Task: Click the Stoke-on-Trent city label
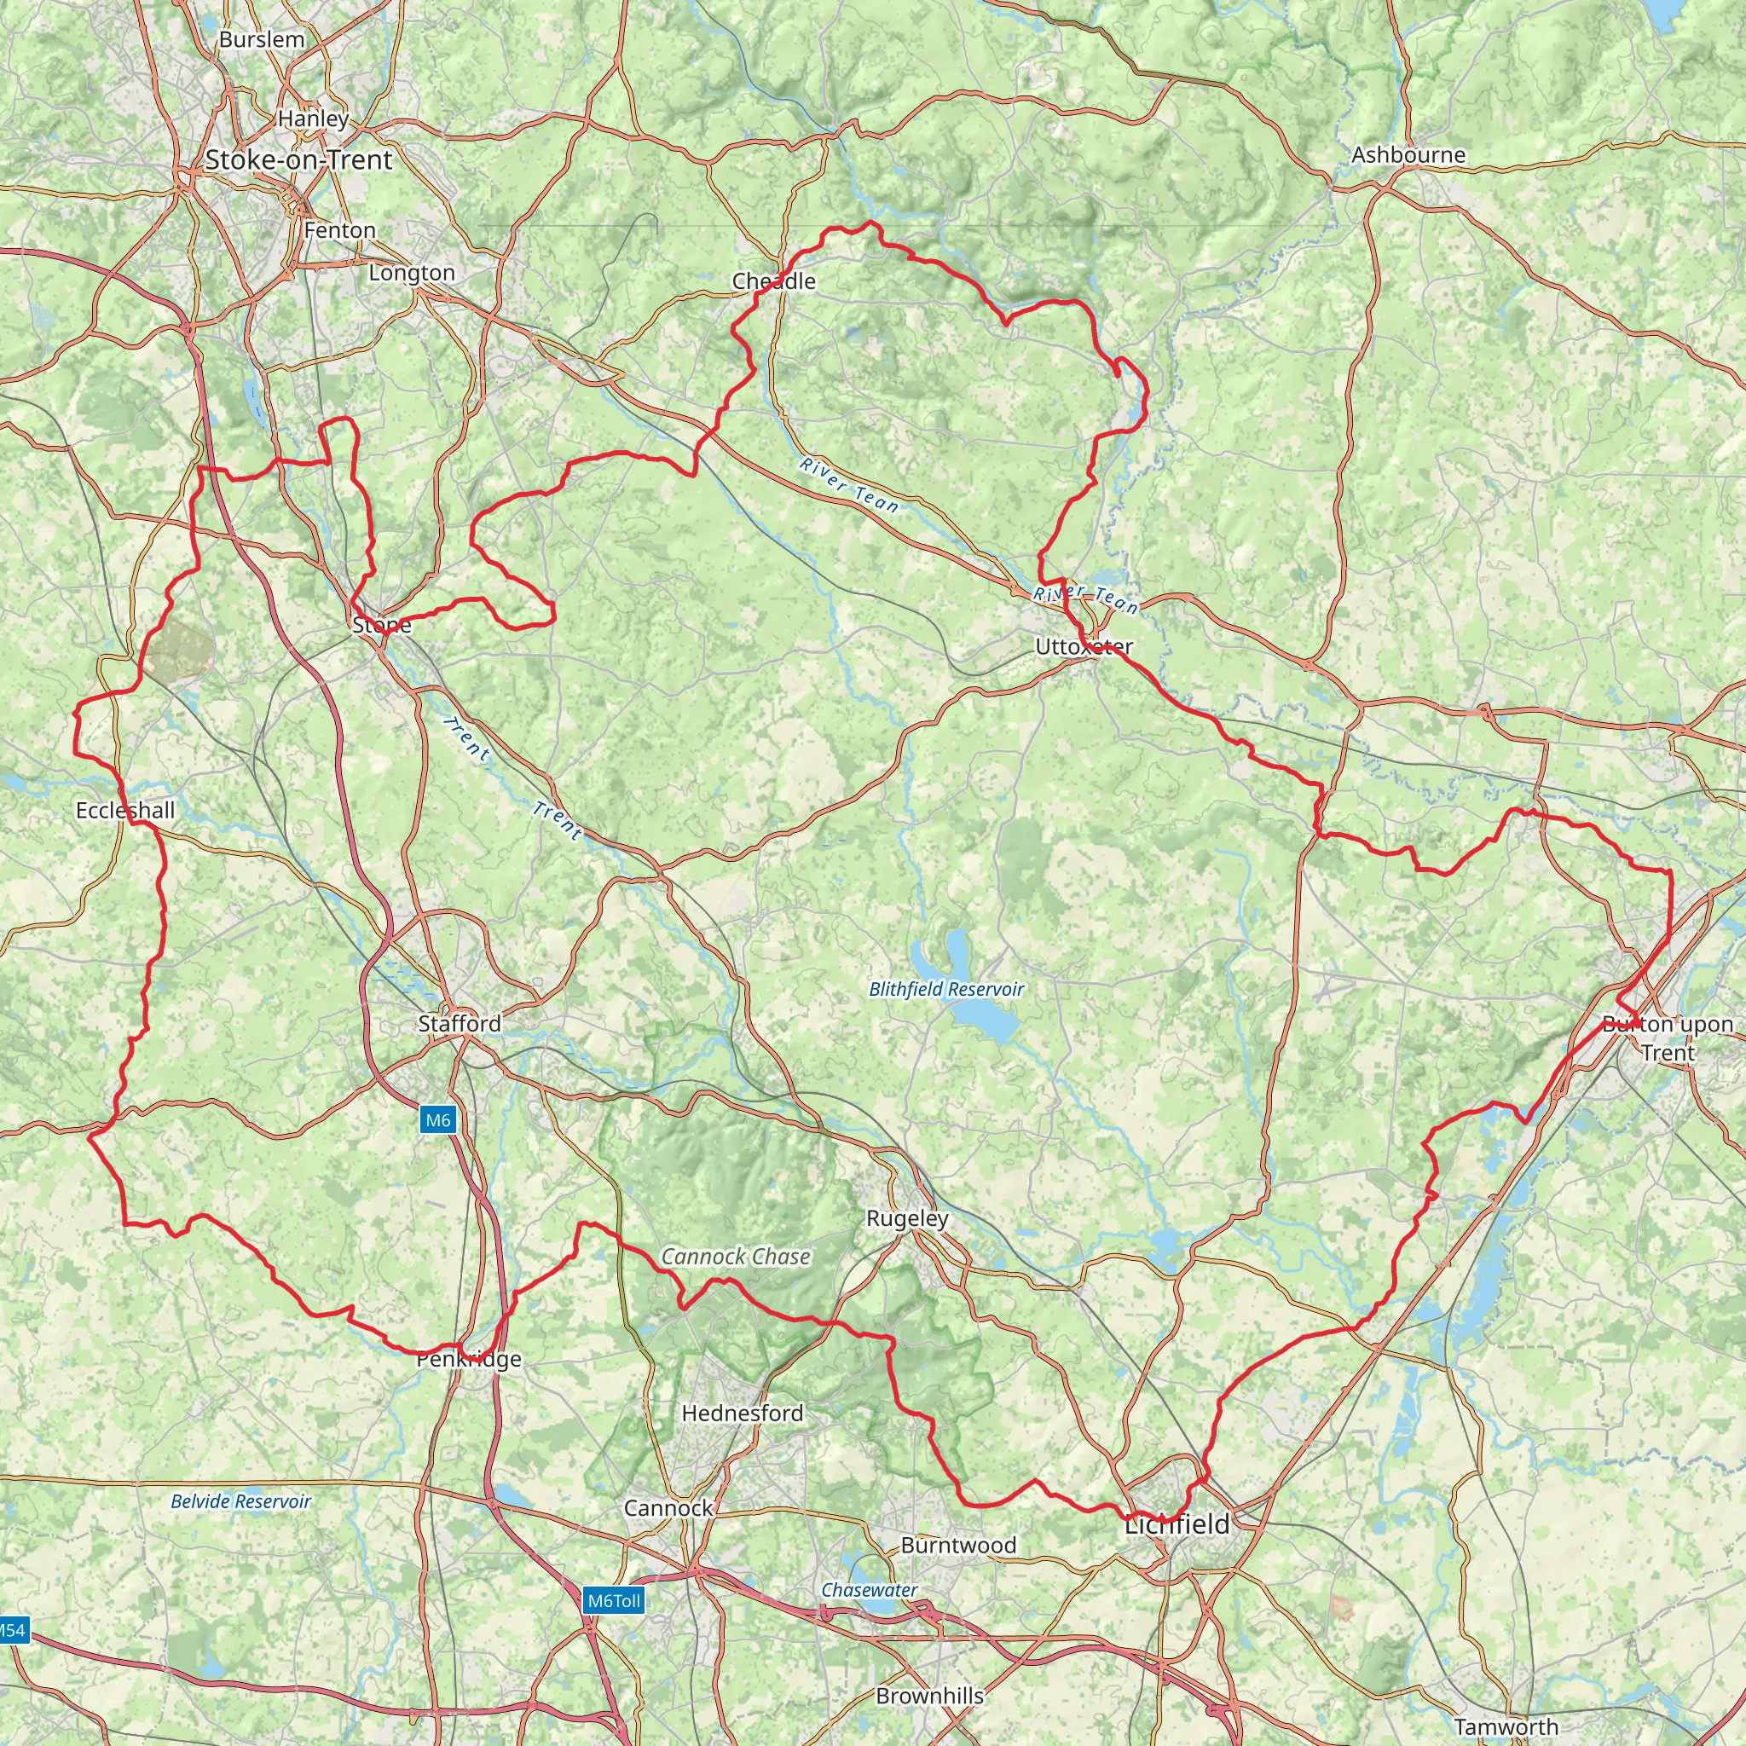[x=298, y=160]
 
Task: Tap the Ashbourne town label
[x=1408, y=154]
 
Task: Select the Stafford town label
[x=460, y=1023]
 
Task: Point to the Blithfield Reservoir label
[x=946, y=989]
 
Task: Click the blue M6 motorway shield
[x=437, y=1120]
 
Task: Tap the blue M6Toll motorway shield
[x=614, y=1600]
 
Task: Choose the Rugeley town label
[x=907, y=1218]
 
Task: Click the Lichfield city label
[x=1177, y=1524]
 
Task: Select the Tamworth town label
[x=1506, y=1726]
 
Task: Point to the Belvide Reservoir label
[x=240, y=1501]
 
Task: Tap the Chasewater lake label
[x=870, y=1590]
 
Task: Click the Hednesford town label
[x=742, y=1413]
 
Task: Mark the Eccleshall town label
[x=125, y=810]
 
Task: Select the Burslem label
[x=262, y=39]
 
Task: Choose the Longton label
[x=412, y=272]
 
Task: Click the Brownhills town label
[x=930, y=1696]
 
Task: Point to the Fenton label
[x=340, y=229]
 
